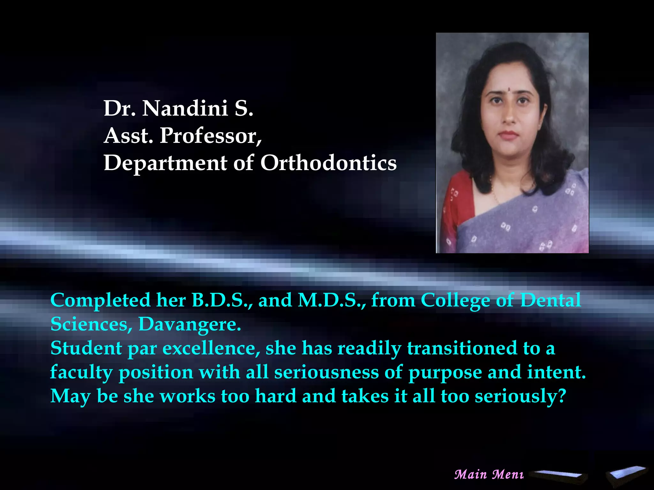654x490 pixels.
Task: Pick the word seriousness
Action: (326, 372)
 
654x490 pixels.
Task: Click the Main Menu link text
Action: (489, 474)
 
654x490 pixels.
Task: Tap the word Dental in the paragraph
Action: (551, 301)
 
